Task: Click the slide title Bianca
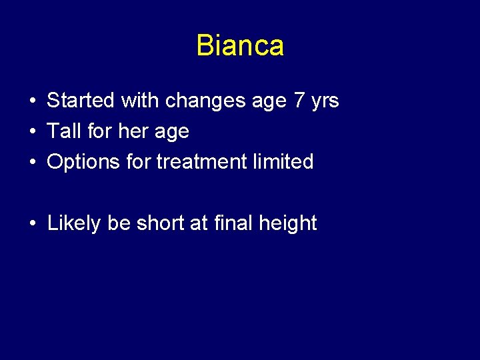240,45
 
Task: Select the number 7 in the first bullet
299,101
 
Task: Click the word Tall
63,131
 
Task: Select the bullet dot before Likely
33,224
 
